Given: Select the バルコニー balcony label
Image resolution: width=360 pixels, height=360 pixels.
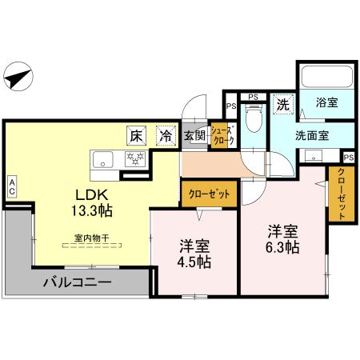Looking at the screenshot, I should (76, 282).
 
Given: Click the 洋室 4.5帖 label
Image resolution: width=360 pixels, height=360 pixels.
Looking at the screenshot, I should (194, 255).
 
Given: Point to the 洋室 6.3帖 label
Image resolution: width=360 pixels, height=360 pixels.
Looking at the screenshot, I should (282, 240).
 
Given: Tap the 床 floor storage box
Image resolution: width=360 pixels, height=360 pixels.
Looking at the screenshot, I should (135, 137).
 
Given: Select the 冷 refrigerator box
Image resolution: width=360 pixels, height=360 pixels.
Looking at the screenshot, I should (164, 137).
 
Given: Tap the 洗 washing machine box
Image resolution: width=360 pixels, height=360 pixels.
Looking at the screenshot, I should (282, 104).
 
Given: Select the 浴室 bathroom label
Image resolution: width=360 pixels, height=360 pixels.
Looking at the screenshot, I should (326, 103).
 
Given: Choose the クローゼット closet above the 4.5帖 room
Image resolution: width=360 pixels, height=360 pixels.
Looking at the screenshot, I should (209, 193).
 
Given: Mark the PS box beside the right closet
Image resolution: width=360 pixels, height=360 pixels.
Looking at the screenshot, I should (348, 156).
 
